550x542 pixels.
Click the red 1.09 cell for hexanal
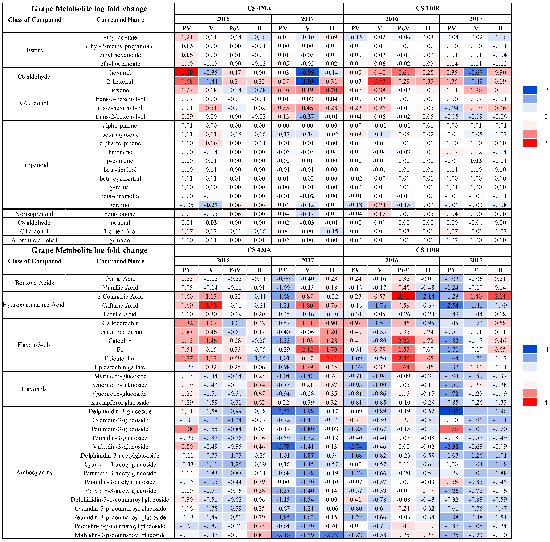[x=187, y=73]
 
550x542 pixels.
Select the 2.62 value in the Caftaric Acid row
[x=211, y=305]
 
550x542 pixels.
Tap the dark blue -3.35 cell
[x=451, y=411]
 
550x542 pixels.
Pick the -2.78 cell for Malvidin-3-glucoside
[x=283, y=447]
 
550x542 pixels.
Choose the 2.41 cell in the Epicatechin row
[x=331, y=359]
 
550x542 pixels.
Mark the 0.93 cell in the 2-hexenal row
[x=379, y=81]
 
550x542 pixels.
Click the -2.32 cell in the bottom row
[x=331, y=535]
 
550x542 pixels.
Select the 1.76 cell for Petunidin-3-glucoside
[x=451, y=429]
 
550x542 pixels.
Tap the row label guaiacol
[x=120, y=240]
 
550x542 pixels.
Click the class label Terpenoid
[x=34, y=165]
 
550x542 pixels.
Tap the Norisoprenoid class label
[x=34, y=214]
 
